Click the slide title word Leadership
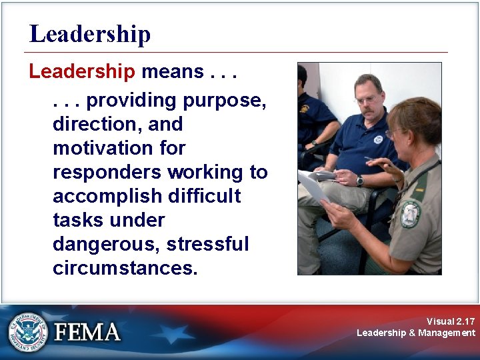(x=90, y=34)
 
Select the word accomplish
(x=108, y=196)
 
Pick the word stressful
(x=207, y=244)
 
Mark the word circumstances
(x=125, y=268)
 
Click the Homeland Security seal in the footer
(x=29, y=331)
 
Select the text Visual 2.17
(x=451, y=321)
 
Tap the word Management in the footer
(x=447, y=333)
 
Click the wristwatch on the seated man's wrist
(x=360, y=181)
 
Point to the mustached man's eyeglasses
(x=367, y=99)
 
